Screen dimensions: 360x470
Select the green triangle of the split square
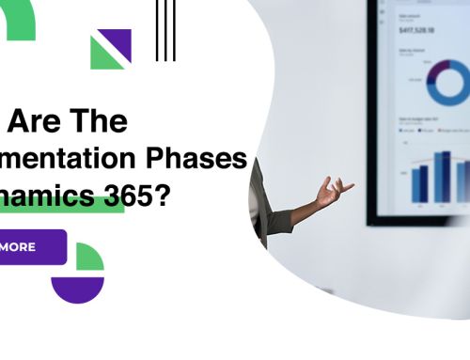(102, 56)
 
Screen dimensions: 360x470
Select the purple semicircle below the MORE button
(77, 288)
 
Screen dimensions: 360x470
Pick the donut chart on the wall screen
(442, 83)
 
